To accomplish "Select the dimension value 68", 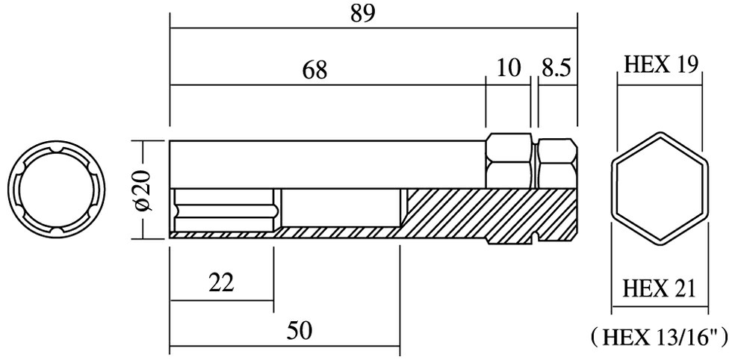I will coord(314,70).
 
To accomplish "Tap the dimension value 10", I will coord(508,69).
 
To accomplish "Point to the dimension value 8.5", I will coord(556,69).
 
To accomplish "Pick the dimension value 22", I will coord(221,282).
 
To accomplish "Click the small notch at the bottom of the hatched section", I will coord(536,239).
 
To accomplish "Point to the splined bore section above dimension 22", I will coord(224,211).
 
